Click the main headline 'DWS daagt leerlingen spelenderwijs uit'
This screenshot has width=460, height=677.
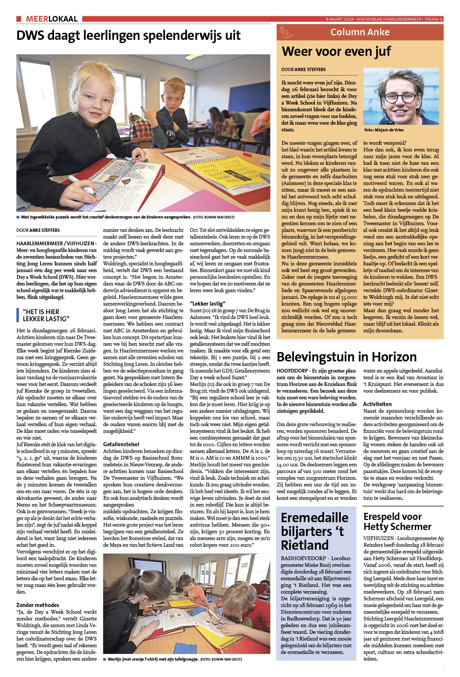click(129, 36)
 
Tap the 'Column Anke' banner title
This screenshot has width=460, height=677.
click(360, 32)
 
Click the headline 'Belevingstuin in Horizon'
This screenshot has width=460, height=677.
click(346, 357)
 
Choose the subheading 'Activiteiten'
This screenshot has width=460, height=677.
click(377, 404)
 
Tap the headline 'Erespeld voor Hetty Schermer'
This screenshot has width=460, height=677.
click(397, 521)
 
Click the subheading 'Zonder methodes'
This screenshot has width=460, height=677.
click(38, 605)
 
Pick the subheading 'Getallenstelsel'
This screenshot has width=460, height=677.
click(121, 444)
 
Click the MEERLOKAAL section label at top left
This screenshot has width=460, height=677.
click(52, 19)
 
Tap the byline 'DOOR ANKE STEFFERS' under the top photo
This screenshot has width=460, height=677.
click(38, 230)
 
